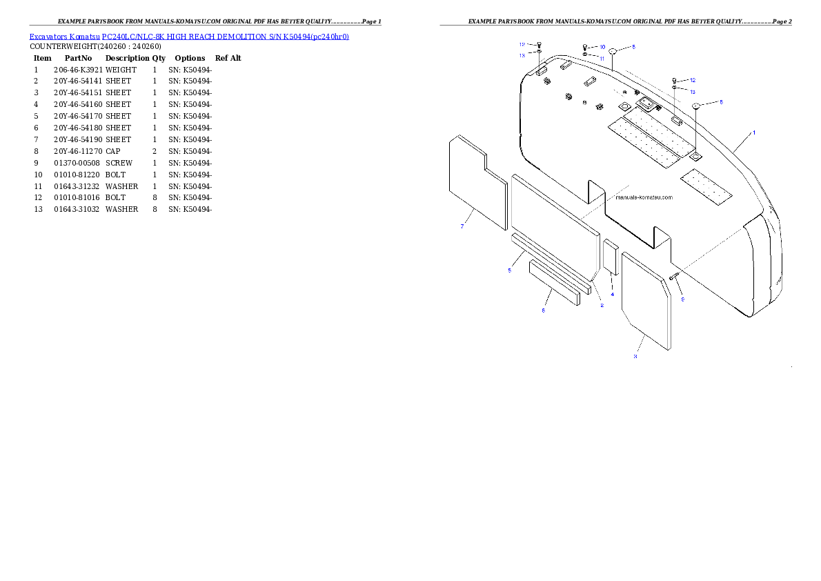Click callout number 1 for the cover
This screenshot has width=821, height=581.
[753, 132]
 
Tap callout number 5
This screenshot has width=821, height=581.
[509, 270]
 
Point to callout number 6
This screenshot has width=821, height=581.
[543, 311]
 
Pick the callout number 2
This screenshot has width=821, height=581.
[602, 305]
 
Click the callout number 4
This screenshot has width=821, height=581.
[612, 294]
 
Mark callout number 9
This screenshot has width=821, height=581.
[682, 299]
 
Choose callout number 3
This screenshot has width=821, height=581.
[635, 356]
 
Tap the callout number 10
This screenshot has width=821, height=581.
[602, 47]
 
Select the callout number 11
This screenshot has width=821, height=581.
[602, 59]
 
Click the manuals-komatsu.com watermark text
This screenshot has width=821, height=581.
[643, 197]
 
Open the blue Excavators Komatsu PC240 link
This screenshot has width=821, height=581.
[189, 36]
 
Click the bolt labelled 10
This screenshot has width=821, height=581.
[585, 47]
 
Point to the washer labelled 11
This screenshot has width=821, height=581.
[585, 54]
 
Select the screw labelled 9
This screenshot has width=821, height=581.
[674, 276]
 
